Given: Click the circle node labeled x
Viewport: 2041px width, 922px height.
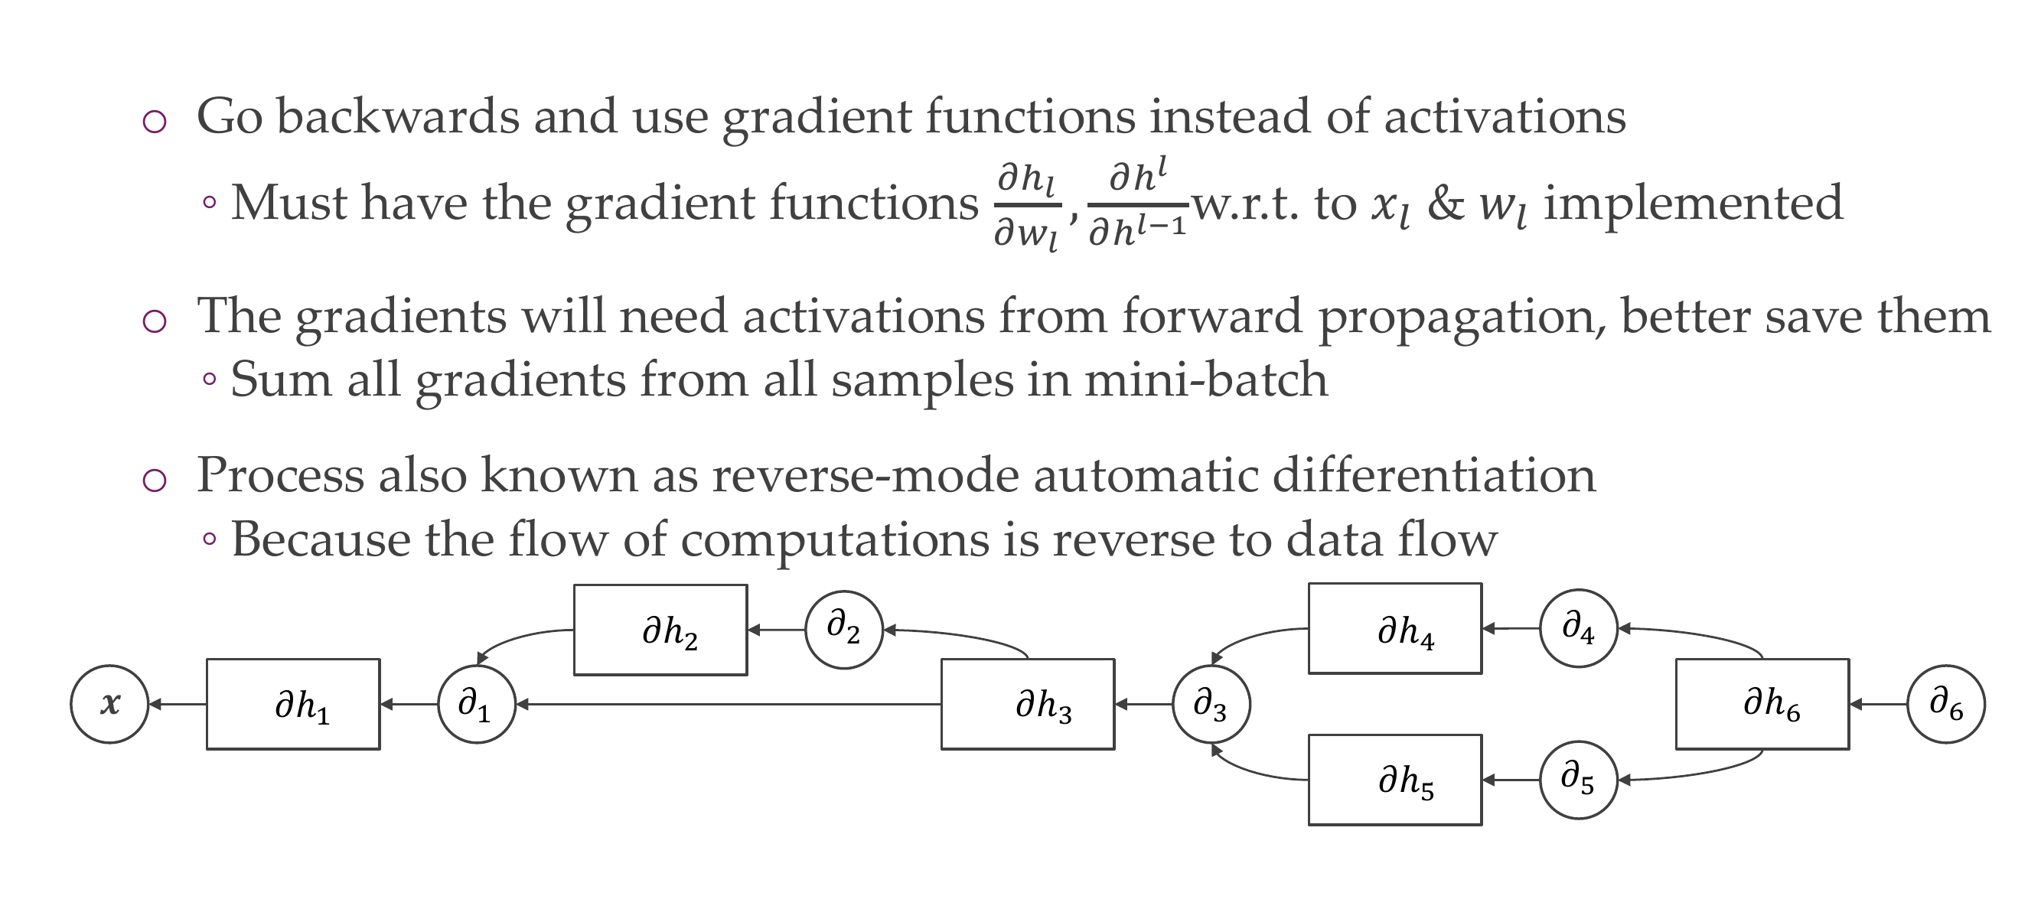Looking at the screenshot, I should [x=109, y=703].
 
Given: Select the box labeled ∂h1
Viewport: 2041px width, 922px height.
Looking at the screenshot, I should [x=293, y=703].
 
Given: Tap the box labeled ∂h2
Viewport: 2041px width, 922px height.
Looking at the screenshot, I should [x=660, y=630].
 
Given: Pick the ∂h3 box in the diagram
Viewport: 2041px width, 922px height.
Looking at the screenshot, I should [x=1028, y=703].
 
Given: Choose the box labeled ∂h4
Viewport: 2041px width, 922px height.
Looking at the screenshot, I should [x=1394, y=629].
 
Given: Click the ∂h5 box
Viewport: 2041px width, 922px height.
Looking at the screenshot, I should [x=1394, y=780].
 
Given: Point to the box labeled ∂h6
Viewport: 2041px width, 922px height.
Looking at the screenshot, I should [x=1762, y=703].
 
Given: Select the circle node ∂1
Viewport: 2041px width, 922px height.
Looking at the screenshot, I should [x=476, y=703].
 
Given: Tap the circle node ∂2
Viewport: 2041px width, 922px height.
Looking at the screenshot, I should [x=844, y=630].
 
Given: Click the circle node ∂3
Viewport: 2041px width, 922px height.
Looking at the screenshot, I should [x=1211, y=703].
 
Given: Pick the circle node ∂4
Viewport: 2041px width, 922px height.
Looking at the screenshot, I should [x=1578, y=629].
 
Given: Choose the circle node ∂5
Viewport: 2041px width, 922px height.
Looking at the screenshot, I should [x=1578, y=780].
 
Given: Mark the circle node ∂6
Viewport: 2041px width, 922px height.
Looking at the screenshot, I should [x=1946, y=703].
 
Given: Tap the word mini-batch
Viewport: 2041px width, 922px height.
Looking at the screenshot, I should [x=1205, y=380].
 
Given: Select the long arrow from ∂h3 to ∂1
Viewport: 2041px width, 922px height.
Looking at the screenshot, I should [x=729, y=703].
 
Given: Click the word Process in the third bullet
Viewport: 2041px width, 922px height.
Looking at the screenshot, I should [x=279, y=476].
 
